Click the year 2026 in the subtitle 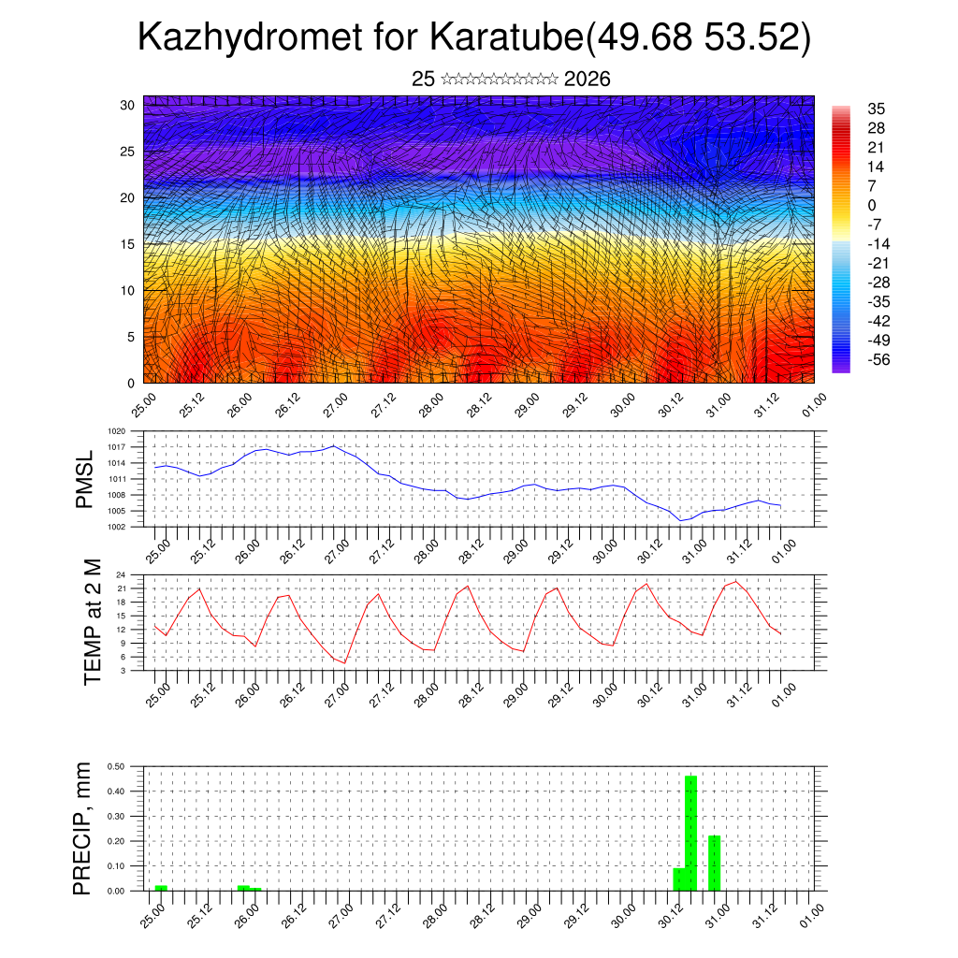(x=588, y=80)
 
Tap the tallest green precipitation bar (x=691, y=833)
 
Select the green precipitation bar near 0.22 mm (x=715, y=863)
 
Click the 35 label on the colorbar (x=877, y=109)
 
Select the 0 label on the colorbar (x=872, y=206)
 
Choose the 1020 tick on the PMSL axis (x=116, y=431)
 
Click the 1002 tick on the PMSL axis (x=116, y=527)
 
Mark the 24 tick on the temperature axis (x=121, y=574)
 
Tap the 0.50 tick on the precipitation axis (x=116, y=766)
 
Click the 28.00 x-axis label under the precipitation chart (x=432, y=914)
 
